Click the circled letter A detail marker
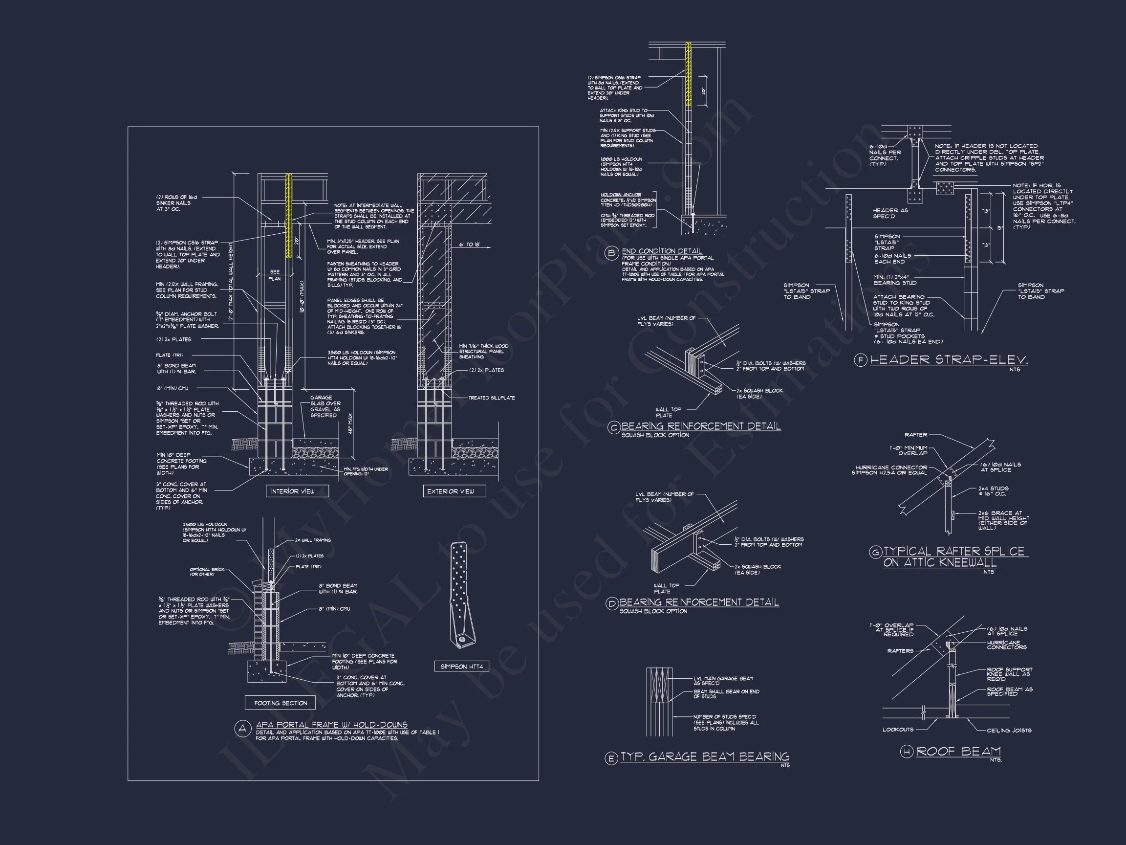[242, 728]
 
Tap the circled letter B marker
[611, 253]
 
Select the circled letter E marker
[611, 758]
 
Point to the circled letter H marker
[907, 752]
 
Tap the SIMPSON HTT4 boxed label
[461, 666]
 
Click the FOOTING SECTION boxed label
[280, 703]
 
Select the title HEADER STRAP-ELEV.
[949, 360]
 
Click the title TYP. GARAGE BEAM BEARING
[705, 757]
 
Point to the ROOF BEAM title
[958, 751]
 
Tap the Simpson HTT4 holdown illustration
[461, 596]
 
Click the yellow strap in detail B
[688, 74]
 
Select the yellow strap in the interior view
[289, 215]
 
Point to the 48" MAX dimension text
[350, 423]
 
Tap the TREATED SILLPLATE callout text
[491, 398]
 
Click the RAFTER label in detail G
[916, 434]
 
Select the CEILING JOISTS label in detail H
[1009, 730]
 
